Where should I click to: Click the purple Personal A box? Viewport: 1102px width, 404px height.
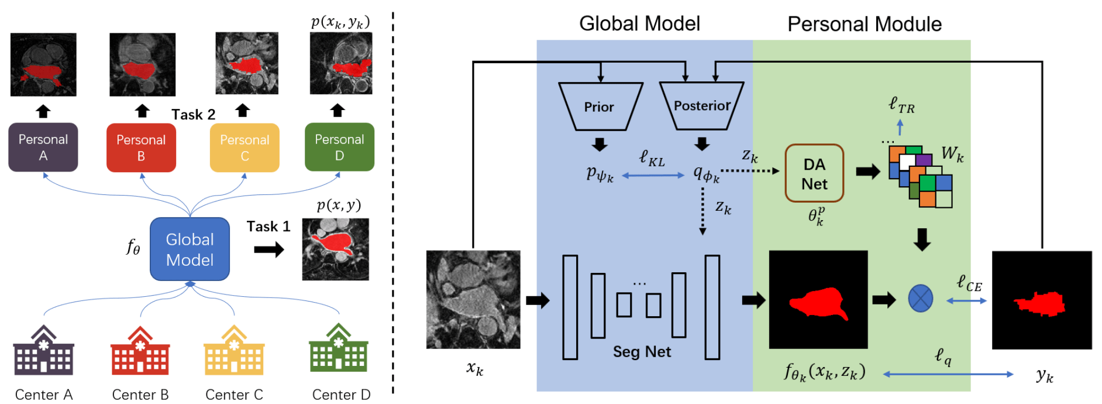point(43,147)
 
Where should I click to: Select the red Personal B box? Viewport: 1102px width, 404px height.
point(141,148)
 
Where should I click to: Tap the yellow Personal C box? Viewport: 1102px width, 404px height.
point(244,148)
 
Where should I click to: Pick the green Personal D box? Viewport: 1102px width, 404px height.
point(339,147)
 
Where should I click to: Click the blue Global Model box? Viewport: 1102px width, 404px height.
point(190,249)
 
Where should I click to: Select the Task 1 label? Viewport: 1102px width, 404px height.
point(268,227)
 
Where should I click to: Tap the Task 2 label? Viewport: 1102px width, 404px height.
point(193,115)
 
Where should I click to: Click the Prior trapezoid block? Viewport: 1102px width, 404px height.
point(600,107)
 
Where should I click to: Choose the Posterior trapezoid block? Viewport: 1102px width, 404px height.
point(701,106)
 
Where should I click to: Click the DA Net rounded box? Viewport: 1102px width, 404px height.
point(814,173)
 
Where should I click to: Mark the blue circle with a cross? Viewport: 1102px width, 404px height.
point(920,299)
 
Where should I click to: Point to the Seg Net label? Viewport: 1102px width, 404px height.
point(642,352)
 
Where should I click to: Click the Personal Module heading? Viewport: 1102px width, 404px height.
point(864,24)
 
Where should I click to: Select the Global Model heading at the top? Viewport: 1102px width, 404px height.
point(639,23)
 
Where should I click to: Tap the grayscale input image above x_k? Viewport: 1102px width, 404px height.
point(473,299)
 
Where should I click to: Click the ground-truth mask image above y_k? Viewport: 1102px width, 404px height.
point(1041,300)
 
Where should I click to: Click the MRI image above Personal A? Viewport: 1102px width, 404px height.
point(43,64)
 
